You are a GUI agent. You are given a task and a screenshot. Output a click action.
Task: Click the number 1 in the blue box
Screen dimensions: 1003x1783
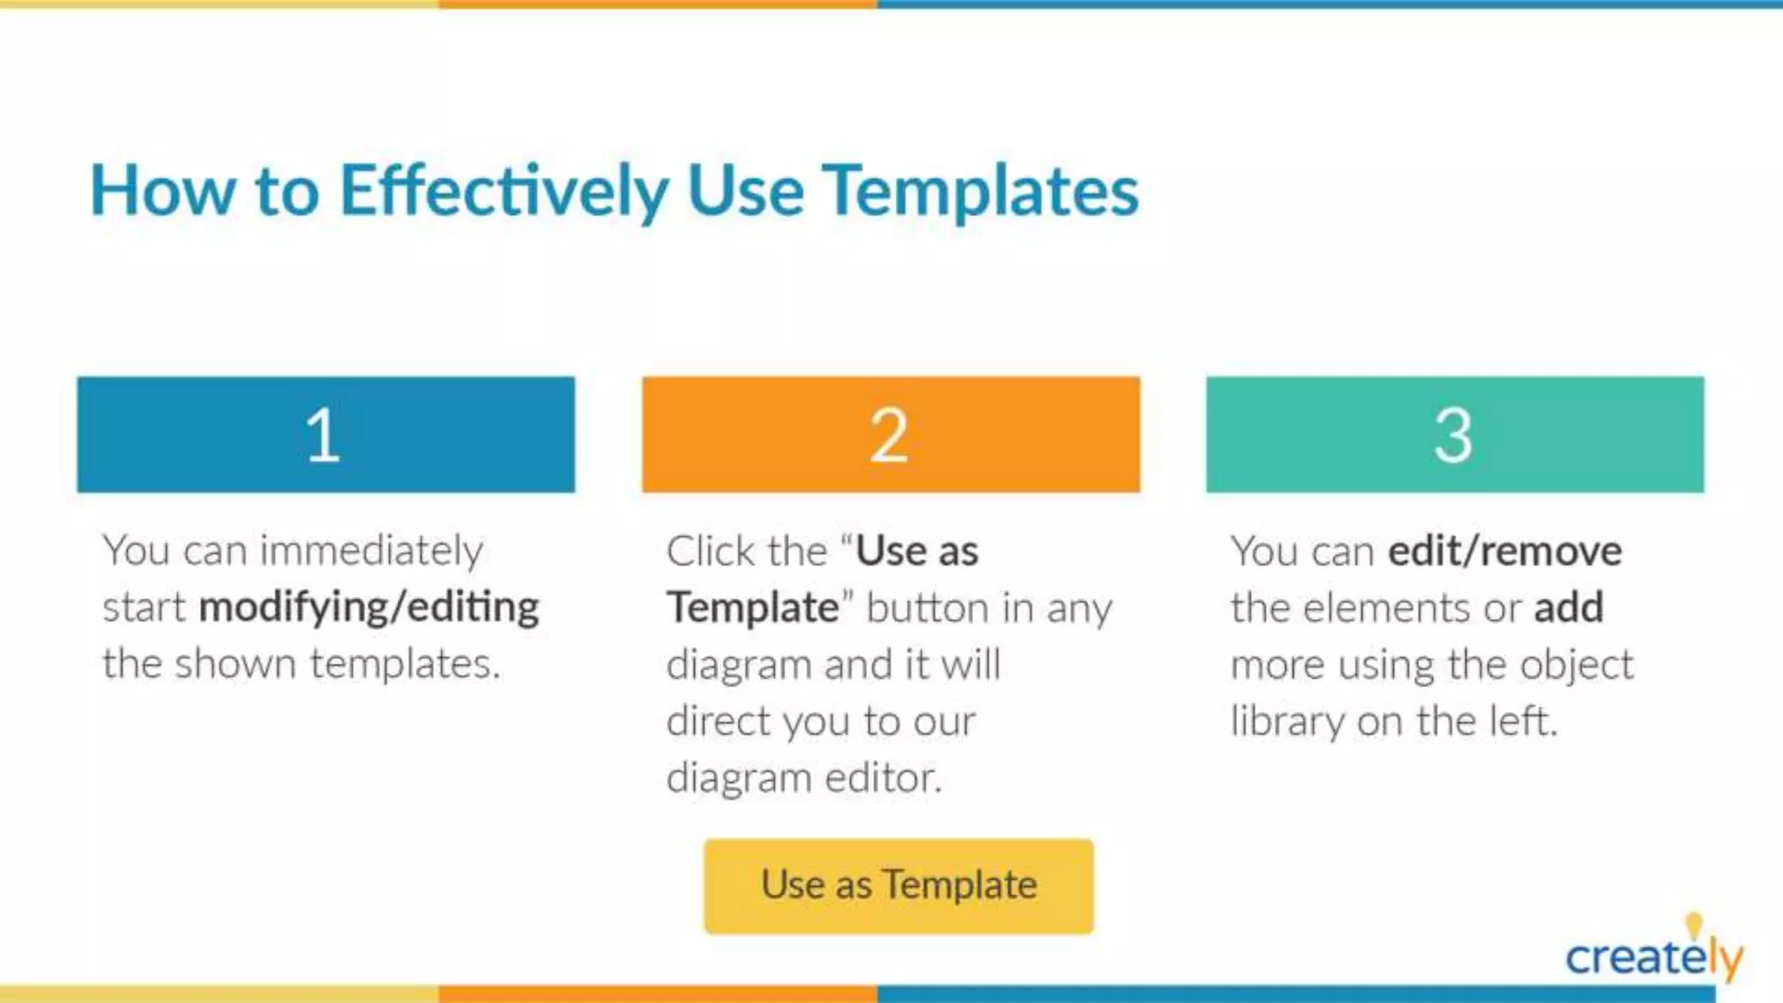click(x=323, y=435)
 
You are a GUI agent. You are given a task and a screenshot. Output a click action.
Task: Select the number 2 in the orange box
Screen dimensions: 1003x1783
click(x=889, y=435)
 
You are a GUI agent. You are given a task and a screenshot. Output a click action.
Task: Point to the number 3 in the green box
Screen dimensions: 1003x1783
click(x=1453, y=435)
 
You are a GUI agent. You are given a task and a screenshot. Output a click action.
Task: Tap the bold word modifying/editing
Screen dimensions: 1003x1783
click(x=369, y=608)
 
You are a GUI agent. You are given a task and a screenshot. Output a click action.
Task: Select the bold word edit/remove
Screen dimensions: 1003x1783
click(x=1504, y=551)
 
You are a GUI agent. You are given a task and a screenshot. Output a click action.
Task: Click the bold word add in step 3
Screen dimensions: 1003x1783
click(x=1568, y=608)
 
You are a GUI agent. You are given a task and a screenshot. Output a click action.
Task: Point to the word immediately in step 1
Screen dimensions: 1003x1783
click(x=372, y=551)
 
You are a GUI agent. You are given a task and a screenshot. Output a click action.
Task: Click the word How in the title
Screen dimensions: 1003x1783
click(x=163, y=192)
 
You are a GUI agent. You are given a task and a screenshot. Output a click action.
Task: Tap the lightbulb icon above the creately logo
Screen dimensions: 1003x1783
click(x=1693, y=923)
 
